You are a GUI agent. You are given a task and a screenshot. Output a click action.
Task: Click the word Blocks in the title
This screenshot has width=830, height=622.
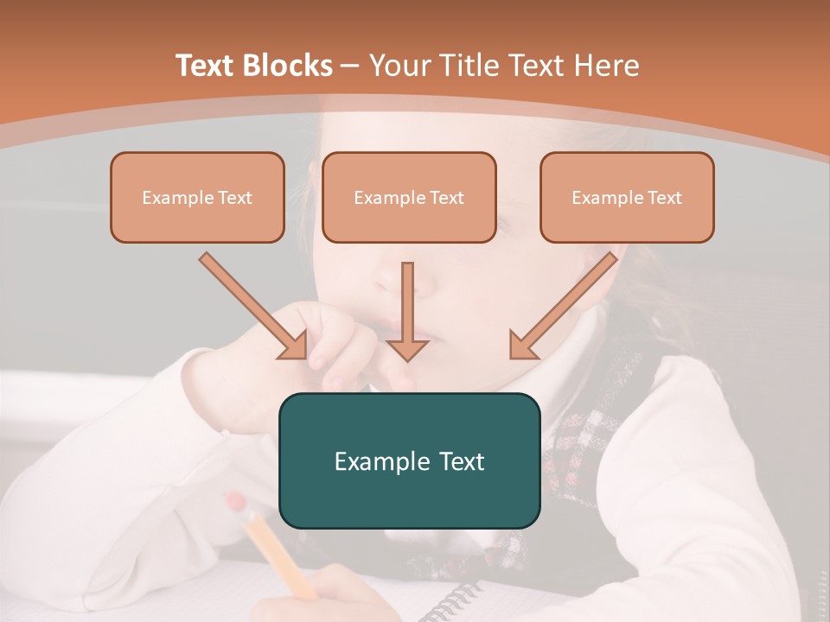click(x=290, y=66)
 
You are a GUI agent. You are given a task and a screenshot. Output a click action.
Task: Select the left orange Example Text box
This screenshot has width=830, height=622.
click(x=197, y=198)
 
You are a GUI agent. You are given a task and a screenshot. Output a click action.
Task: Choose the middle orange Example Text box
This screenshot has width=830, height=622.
click(x=409, y=198)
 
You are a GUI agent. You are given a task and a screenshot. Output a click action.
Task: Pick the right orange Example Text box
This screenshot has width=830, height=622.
click(x=627, y=198)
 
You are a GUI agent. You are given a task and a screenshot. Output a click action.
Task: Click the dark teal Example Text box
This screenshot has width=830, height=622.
click(x=409, y=460)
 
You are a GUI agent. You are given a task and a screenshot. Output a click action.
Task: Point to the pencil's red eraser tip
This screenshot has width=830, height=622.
click(x=234, y=501)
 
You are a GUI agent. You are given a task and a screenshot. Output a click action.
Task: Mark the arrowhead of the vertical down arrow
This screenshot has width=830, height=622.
click(x=407, y=348)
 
